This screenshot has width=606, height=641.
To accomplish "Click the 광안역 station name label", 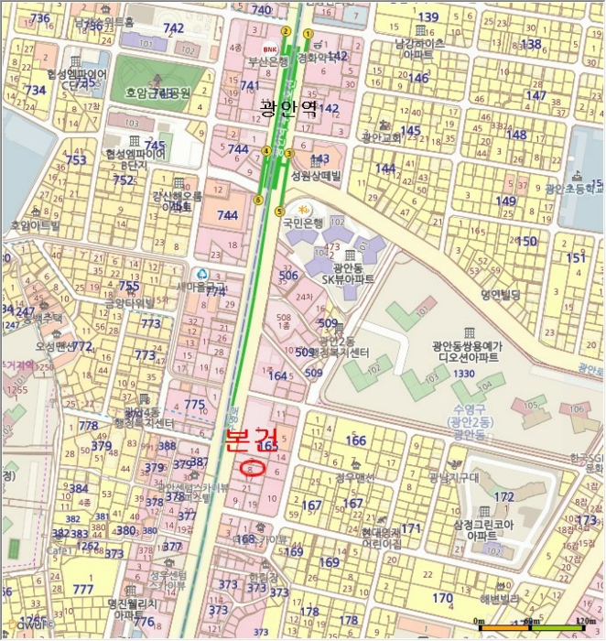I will click(288, 108).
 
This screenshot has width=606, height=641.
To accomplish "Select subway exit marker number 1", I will click(308, 34).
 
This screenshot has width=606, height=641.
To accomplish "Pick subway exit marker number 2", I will click(286, 31).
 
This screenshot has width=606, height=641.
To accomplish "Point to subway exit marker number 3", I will click(288, 153).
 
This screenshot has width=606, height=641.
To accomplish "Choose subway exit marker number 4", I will click(266, 151).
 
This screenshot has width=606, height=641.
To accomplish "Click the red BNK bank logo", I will click(269, 49).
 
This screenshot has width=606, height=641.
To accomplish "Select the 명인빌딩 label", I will click(500, 295).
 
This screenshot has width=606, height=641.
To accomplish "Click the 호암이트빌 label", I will click(35, 224).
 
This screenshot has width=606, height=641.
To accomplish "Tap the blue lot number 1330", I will click(463, 373).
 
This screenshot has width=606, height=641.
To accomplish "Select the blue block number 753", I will click(77, 160).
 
